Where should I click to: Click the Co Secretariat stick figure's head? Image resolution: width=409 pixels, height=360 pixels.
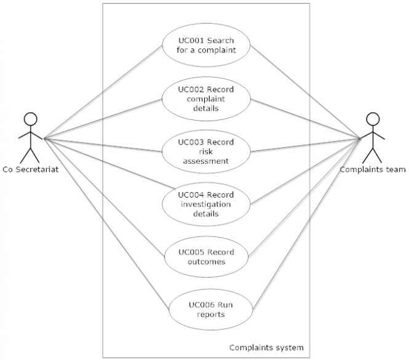[x=29, y=118]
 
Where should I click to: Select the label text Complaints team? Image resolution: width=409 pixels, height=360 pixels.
[x=373, y=170]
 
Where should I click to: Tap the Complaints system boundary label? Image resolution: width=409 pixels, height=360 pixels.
[x=266, y=347]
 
